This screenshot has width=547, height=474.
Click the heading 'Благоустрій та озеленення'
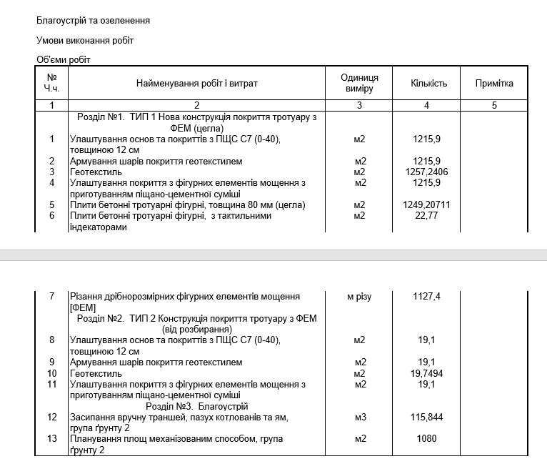(93, 21)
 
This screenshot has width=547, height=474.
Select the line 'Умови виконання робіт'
(84, 40)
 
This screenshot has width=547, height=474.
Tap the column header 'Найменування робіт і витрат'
(197, 84)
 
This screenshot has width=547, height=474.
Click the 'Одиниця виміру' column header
(359, 84)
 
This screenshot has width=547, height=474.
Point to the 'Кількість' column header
(428, 84)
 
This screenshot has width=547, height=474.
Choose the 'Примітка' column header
(494, 84)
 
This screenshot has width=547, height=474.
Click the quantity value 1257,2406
(431, 172)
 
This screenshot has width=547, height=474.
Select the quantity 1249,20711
(431, 205)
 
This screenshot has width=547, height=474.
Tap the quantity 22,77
(426, 216)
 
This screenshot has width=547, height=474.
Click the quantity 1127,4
(427, 296)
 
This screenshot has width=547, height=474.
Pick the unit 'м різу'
(359, 296)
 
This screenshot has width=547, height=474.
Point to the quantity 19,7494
(427, 373)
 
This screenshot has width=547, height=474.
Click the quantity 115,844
(427, 417)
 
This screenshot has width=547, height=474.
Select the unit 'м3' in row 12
(359, 417)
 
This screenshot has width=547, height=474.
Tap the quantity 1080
(426, 438)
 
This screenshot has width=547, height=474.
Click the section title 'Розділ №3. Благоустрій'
(196, 405)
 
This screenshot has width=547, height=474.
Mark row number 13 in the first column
(51, 438)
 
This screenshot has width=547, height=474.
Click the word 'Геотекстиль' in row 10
(96, 373)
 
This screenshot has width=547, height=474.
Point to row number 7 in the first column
(51, 296)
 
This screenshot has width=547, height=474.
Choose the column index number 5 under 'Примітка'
(494, 106)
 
